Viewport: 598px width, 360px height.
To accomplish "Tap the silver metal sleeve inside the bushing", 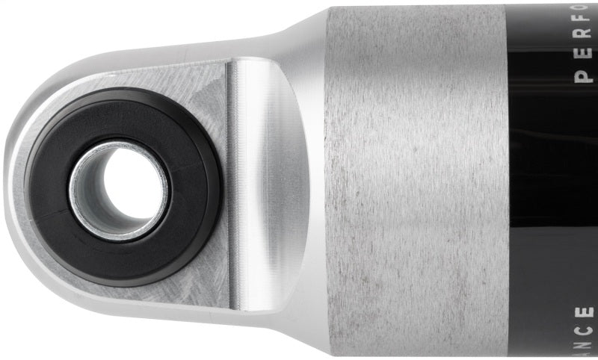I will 84,202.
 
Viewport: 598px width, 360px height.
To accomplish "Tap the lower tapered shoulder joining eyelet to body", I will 299,329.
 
